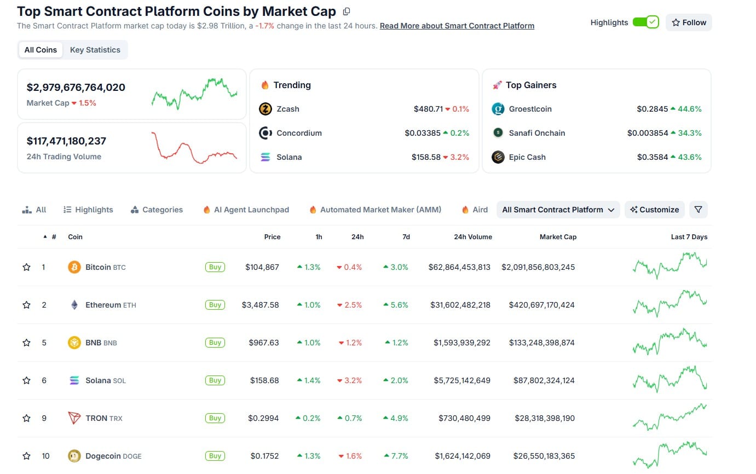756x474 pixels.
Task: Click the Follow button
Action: pos(689,22)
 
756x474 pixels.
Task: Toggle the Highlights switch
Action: pos(645,22)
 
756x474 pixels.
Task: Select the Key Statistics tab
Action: pos(95,50)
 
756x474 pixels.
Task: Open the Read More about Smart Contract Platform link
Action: pos(457,26)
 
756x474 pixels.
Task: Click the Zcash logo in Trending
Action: pos(265,109)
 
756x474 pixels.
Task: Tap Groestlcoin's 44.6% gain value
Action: pos(686,109)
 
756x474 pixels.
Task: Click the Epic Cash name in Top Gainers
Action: pos(527,157)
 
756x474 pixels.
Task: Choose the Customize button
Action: pos(654,210)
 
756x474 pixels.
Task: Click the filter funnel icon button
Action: pos(698,210)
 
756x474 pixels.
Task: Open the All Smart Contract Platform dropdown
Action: pos(558,210)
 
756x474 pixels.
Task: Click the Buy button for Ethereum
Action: pos(215,305)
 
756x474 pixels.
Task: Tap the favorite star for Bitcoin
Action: pos(26,267)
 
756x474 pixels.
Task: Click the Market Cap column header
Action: pos(558,237)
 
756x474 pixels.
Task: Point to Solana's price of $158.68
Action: pos(264,380)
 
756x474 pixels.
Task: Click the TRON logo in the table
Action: pos(74,418)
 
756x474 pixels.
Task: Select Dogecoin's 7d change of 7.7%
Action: pos(396,456)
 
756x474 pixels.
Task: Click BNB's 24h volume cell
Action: pos(461,343)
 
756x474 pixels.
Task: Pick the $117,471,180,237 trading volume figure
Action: pos(66,141)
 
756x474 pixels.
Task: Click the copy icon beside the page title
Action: pos(346,11)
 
